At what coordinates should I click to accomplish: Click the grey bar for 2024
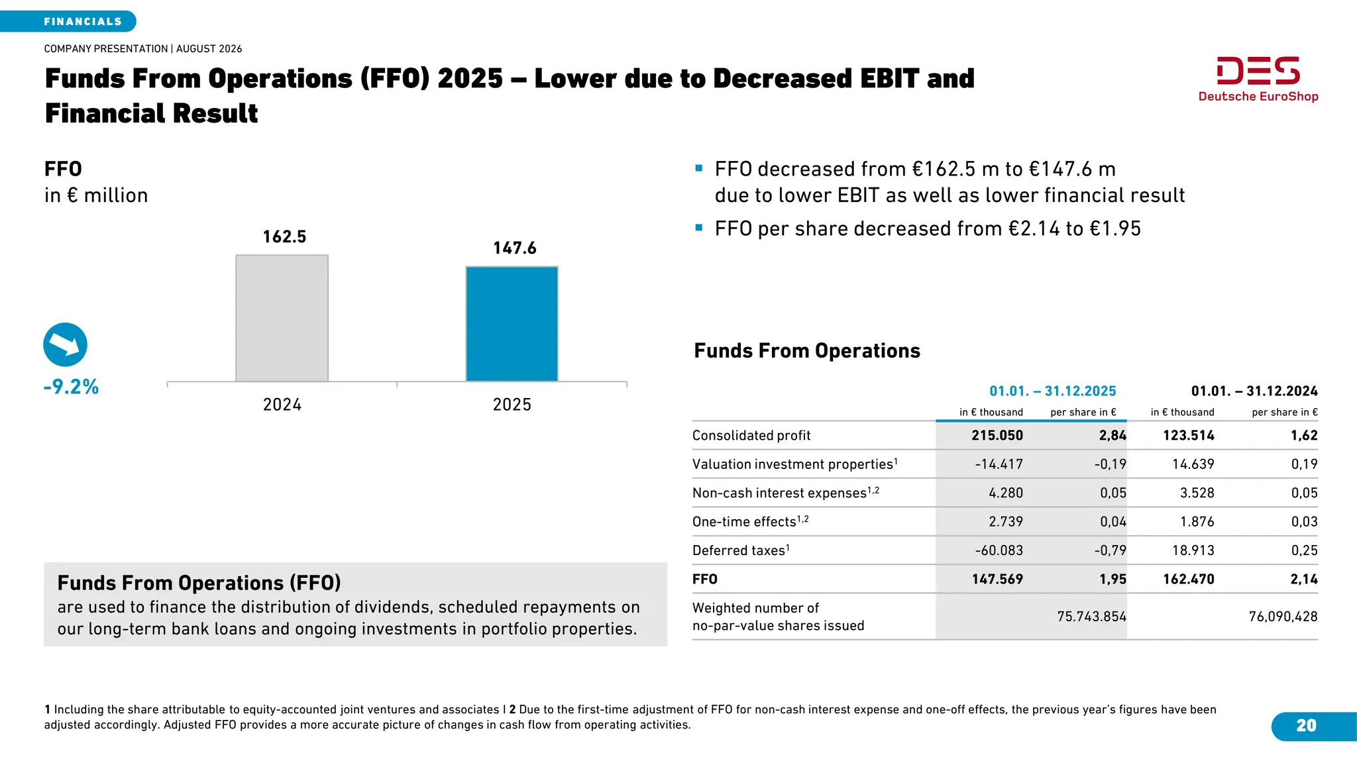point(282,318)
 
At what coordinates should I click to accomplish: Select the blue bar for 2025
point(512,324)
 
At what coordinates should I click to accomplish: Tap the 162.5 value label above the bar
point(284,236)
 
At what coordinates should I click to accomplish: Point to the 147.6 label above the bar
point(515,248)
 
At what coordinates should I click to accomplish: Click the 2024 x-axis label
point(282,405)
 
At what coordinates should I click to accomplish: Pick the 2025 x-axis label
point(512,405)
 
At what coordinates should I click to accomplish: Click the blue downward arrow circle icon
point(65,344)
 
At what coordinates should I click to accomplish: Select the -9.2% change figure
point(71,387)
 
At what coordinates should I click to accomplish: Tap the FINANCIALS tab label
point(83,22)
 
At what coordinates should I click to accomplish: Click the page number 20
point(1306,726)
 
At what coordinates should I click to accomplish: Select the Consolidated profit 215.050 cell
point(997,435)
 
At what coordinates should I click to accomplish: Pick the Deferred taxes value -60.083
point(999,550)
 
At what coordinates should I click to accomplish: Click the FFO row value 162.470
point(1189,579)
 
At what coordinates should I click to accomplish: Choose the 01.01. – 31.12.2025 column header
point(1053,391)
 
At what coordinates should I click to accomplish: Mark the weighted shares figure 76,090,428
point(1283,617)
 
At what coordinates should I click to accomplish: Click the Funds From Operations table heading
point(807,350)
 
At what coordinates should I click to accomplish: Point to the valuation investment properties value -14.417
point(999,464)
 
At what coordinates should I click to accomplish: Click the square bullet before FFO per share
point(698,228)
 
